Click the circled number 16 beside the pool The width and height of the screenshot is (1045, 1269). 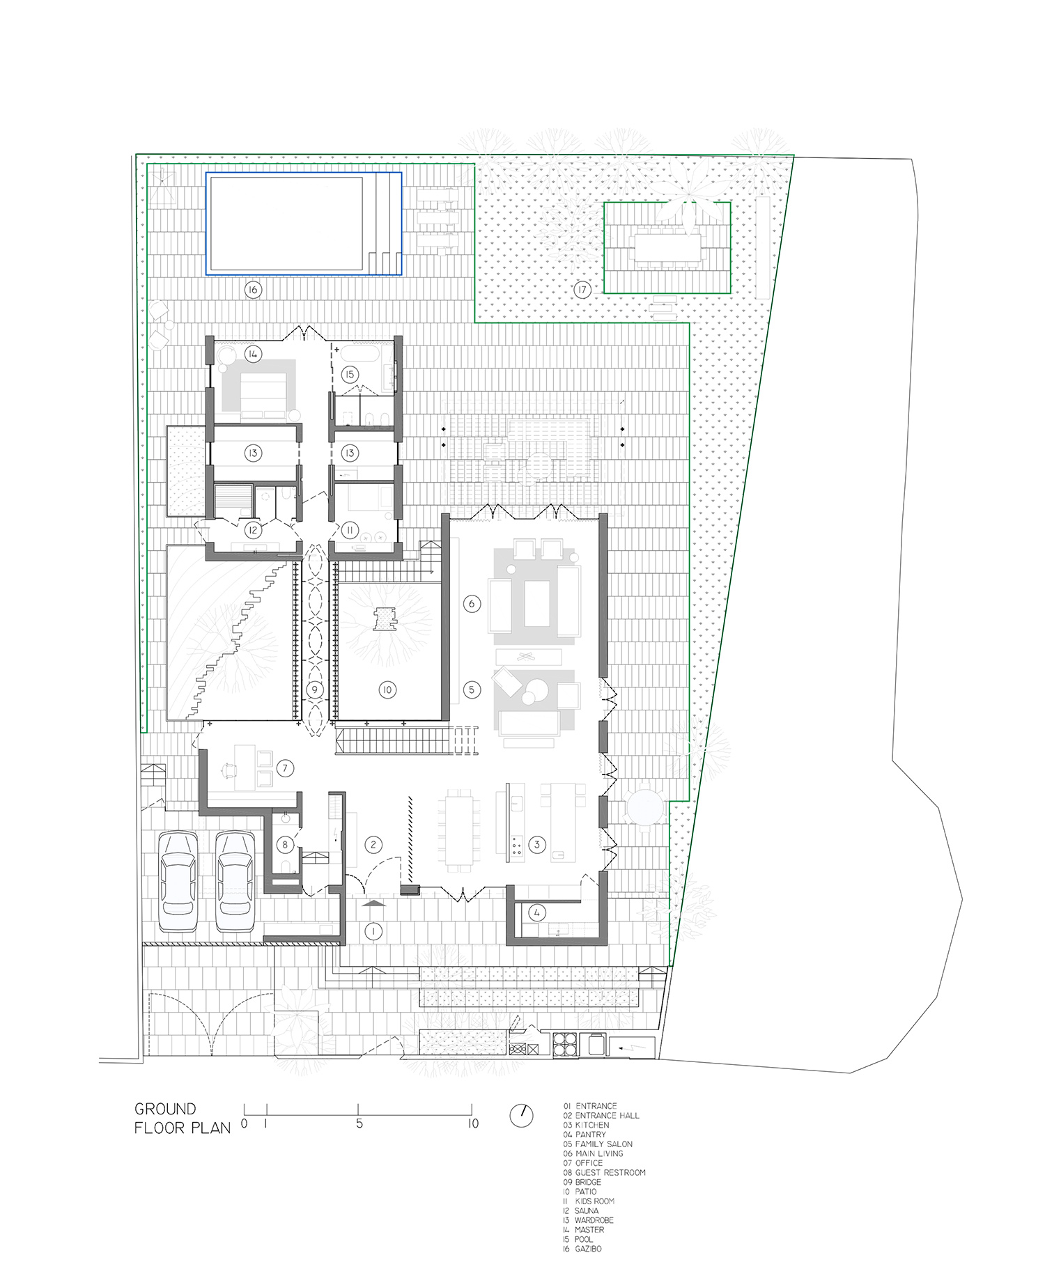point(253,290)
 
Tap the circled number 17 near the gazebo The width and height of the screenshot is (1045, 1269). point(582,290)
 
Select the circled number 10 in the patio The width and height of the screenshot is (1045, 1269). point(387,690)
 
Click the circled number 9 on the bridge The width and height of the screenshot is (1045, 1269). point(315,690)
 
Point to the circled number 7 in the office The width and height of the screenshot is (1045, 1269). point(285,768)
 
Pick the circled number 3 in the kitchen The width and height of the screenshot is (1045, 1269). point(536,845)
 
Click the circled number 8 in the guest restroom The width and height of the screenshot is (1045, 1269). point(284,845)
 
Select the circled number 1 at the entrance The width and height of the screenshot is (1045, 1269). point(373,931)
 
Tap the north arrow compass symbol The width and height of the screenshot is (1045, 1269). point(521,1116)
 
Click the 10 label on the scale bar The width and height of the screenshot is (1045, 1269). point(473,1123)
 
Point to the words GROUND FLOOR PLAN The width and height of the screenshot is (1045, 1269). point(183,1119)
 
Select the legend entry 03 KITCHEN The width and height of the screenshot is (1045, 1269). point(586,1125)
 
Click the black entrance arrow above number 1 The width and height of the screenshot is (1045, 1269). point(374,903)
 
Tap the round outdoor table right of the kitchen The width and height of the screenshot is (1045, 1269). point(644,808)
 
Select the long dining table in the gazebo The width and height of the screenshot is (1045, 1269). point(667,247)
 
